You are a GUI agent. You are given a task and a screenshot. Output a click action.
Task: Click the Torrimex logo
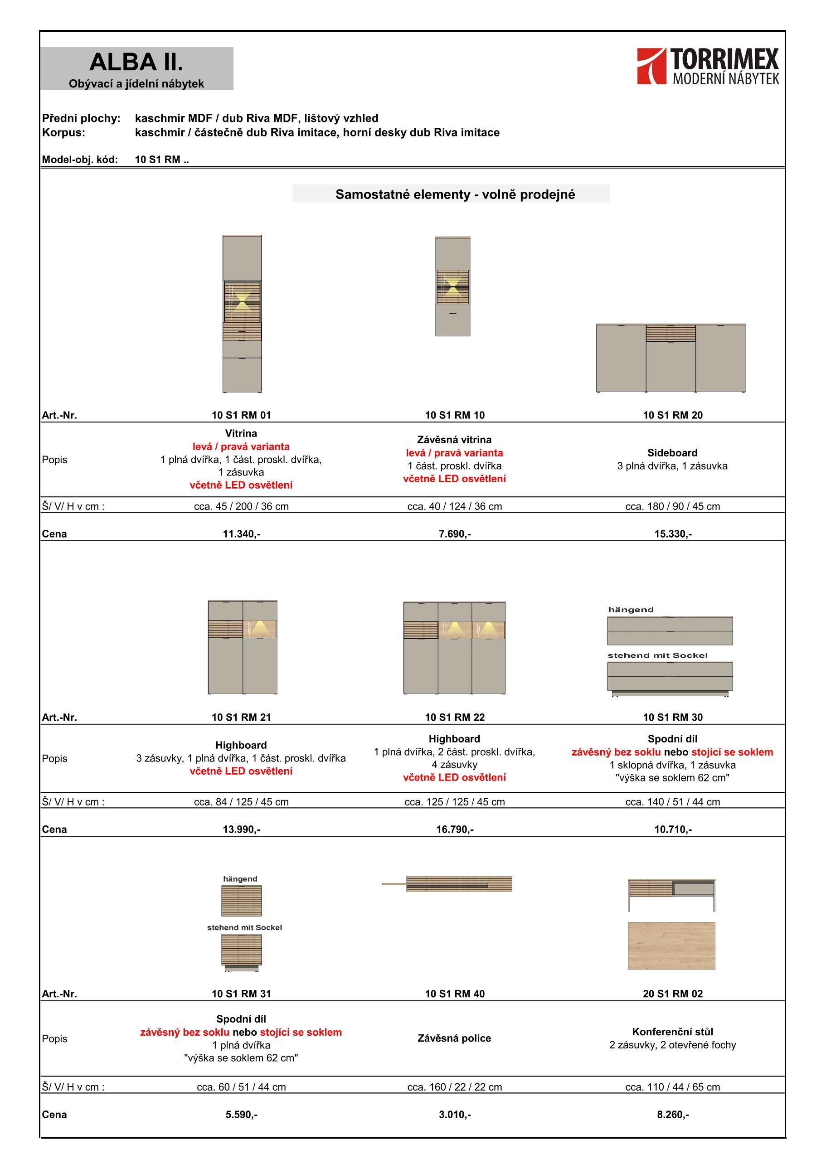(707, 66)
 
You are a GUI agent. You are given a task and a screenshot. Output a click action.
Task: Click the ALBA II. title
(136, 63)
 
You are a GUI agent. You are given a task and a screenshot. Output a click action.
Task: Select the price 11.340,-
(241, 534)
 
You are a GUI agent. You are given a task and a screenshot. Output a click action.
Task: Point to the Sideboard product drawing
(671, 358)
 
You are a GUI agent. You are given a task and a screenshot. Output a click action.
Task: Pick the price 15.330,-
(673, 534)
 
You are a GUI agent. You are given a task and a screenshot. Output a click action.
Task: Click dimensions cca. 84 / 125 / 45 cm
(241, 802)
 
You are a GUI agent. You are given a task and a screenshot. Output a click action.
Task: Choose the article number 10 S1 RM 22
(455, 718)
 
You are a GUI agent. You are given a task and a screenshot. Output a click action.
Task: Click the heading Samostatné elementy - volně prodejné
(455, 194)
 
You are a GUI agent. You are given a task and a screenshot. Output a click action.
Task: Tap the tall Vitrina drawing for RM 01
(243, 314)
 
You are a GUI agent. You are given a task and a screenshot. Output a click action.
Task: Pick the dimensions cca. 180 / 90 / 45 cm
(673, 507)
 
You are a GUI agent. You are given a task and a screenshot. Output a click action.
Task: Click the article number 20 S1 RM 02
(673, 994)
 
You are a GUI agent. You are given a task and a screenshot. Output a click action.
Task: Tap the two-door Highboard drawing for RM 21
(243, 647)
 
